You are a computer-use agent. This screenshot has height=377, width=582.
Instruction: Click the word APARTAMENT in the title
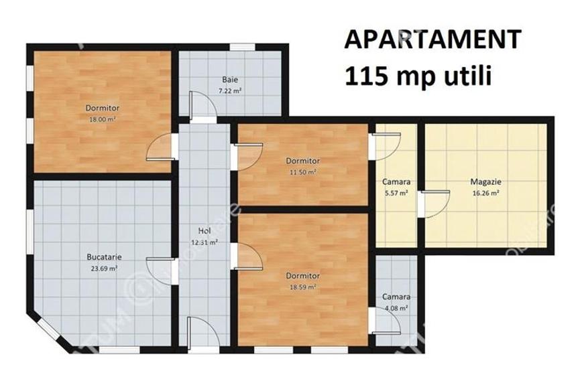pos(432,40)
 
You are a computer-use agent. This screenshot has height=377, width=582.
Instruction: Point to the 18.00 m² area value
pos(102,119)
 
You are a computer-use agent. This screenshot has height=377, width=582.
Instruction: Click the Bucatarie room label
pos(104,256)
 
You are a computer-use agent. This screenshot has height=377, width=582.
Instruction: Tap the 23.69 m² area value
pos(104,268)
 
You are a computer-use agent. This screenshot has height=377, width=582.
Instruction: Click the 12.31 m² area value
pos(205,242)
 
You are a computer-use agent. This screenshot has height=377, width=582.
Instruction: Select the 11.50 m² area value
pos(302,171)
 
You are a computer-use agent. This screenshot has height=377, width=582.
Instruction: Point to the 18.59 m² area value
pos(302,287)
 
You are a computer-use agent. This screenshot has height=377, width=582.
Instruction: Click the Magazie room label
pos(486,181)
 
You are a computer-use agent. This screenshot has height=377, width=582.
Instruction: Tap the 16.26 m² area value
pos(486,193)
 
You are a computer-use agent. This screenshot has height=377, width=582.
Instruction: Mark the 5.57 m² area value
pos(396,194)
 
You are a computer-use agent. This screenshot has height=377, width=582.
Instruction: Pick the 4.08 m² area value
pos(396,308)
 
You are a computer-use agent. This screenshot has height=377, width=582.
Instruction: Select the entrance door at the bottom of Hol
pos(202,333)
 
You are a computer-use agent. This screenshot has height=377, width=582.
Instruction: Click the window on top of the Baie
pos(242,47)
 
